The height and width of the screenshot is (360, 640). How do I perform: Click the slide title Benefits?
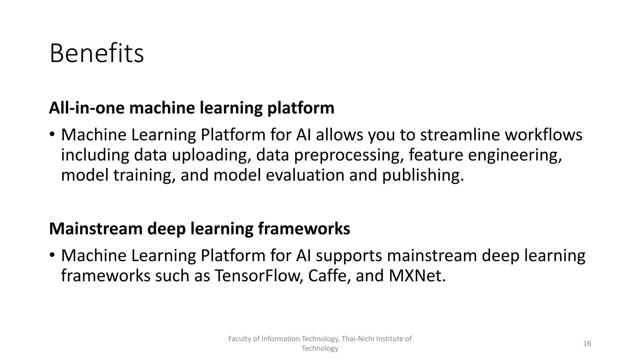point(97,54)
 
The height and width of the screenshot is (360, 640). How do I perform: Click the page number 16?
point(587,344)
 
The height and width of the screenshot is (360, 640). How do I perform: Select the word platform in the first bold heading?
point(301,108)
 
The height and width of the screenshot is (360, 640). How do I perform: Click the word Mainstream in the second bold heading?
point(96,229)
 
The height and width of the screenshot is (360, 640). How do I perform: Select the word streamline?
point(460,135)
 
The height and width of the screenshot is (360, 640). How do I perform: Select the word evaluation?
point(305,175)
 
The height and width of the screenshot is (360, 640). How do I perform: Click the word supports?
point(349,256)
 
